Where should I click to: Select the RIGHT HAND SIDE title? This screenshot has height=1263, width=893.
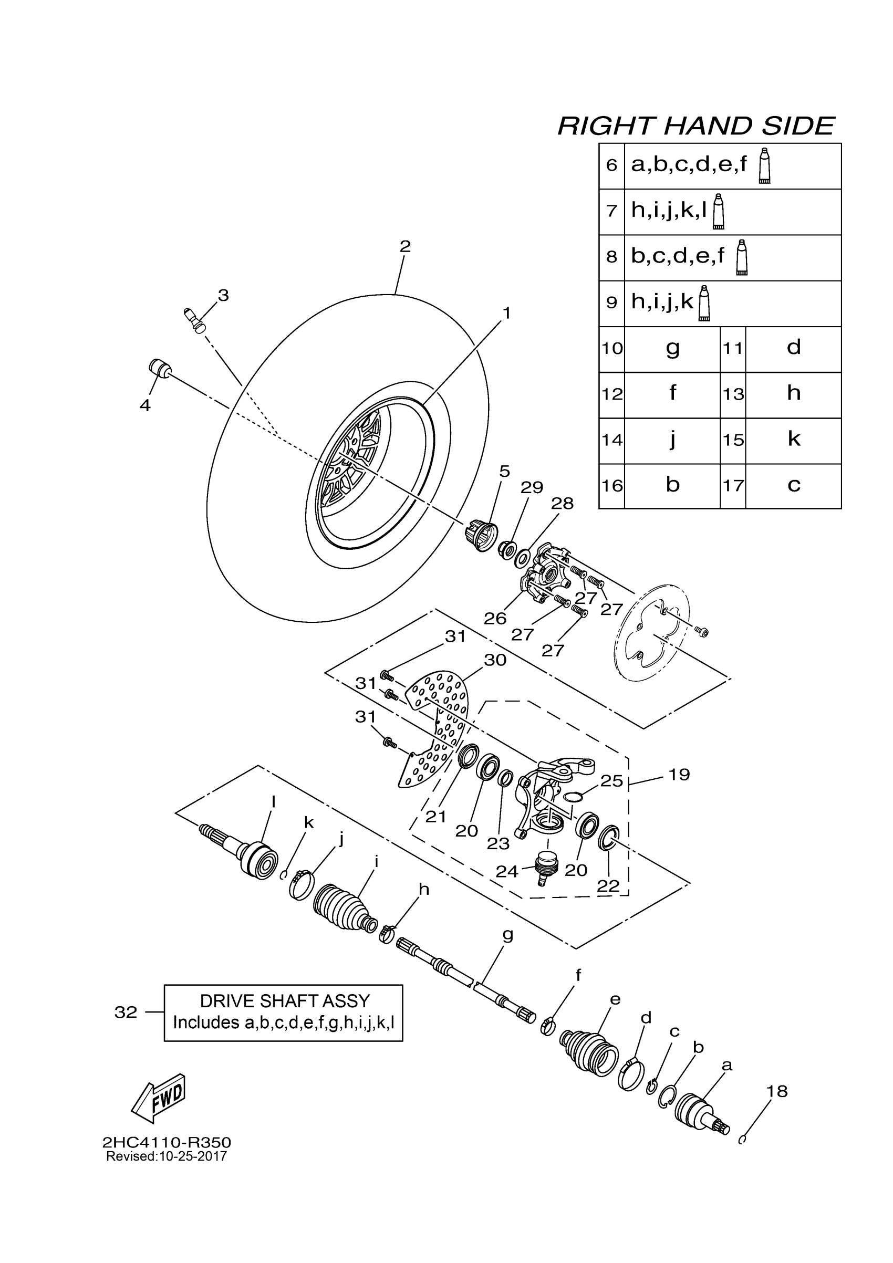click(695, 126)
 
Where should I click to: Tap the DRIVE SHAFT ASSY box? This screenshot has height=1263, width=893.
click(283, 1013)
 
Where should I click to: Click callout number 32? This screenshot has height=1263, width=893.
click(126, 1012)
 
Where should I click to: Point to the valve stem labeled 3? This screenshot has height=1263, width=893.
click(194, 320)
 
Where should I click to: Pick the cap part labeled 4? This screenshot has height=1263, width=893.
click(159, 368)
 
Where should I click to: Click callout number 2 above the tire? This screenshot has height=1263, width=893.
click(405, 246)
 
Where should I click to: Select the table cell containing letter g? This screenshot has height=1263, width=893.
click(672, 349)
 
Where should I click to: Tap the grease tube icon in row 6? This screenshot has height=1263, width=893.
click(764, 165)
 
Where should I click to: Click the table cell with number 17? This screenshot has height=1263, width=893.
click(733, 486)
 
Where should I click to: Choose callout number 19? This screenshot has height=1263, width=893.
click(679, 775)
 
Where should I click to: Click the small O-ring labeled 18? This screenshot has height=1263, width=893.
click(742, 1139)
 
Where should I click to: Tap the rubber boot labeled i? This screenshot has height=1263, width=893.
click(344, 909)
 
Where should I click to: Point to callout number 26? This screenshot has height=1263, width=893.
click(495, 618)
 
